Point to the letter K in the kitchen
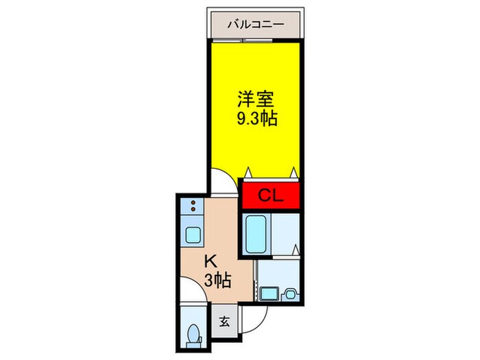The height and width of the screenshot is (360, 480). tap(212, 261)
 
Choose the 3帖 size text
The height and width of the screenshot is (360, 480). tap(216, 279)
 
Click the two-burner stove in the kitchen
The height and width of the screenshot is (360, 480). tap(193, 205)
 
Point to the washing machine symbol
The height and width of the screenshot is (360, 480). tap(290, 294)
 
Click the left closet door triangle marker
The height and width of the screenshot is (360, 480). tap(251, 171)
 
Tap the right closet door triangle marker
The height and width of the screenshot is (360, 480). tap(293, 171)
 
